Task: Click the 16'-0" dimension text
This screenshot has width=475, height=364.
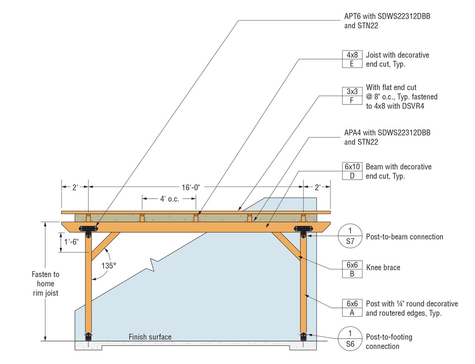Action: (191, 187)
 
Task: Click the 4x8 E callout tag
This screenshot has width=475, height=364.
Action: (352, 59)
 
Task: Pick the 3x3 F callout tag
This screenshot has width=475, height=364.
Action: (352, 96)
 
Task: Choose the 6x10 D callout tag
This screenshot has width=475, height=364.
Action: (352, 171)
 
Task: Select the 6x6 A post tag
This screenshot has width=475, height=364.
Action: (352, 308)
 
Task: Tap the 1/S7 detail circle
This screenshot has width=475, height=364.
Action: (350, 236)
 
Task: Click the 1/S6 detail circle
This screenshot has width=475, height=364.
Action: (350, 339)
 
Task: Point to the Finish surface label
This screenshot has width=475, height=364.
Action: (150, 337)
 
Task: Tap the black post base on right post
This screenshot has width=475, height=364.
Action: (303, 337)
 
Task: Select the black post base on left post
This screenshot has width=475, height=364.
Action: (88, 337)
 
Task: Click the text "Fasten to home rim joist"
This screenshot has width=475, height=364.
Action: (45, 284)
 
